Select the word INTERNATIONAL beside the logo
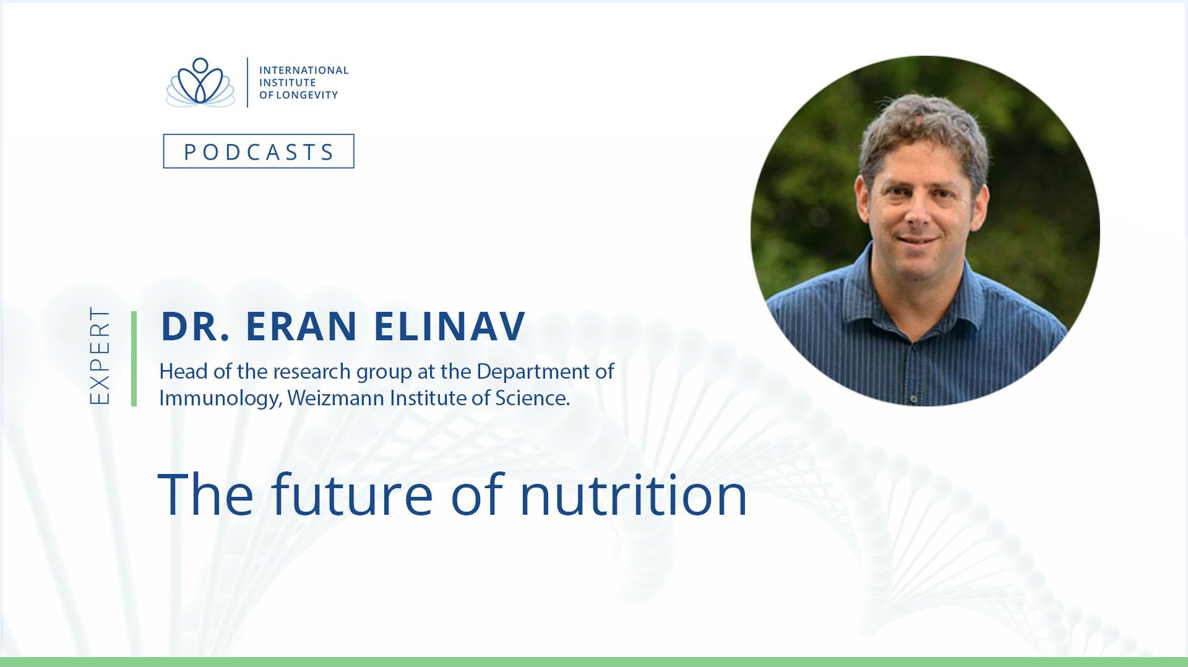304,71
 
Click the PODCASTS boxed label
259,151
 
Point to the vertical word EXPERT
99,356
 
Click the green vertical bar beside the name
134,359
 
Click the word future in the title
351,494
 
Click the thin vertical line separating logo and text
247,82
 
